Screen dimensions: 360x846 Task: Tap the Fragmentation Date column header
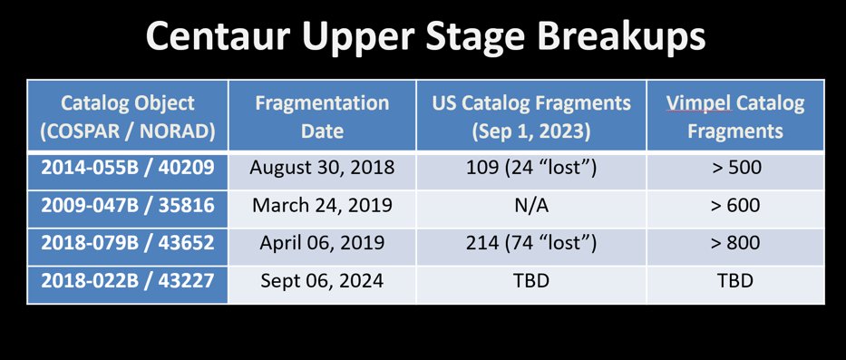322,116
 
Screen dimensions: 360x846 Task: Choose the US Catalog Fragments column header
530,116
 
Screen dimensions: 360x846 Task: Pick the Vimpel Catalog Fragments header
734,116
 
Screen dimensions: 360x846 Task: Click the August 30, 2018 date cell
322,168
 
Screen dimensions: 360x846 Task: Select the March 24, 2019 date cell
322,205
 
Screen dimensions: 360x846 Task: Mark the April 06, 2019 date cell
322,243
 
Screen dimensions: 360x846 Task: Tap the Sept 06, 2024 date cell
322,281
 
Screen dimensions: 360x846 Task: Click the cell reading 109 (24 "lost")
530,168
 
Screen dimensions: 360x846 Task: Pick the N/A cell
530,205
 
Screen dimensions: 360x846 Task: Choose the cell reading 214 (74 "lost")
530,243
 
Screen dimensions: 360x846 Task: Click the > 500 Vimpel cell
734,168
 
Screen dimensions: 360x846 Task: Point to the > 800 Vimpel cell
734,243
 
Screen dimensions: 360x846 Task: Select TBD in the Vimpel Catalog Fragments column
734,281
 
